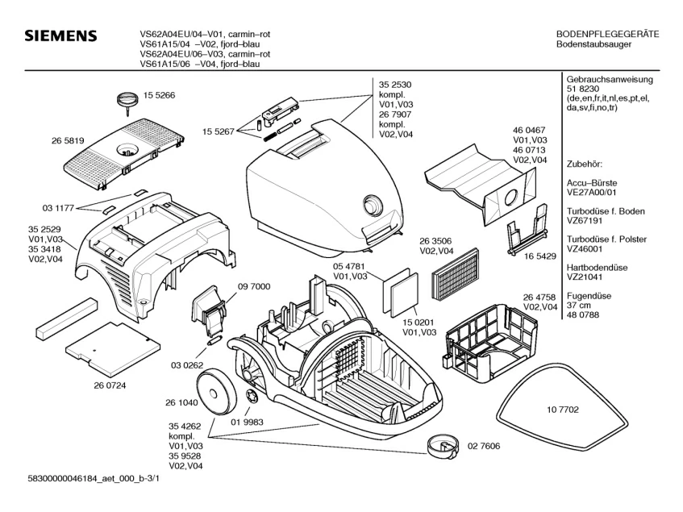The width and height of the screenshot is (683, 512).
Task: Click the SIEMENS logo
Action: pyautogui.click(x=60, y=36)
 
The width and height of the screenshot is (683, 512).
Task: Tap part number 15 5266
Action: pyautogui.click(x=160, y=95)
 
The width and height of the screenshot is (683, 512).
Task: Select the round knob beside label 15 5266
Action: pyautogui.click(x=126, y=99)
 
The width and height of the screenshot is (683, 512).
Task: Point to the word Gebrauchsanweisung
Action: pyautogui.click(x=610, y=81)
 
